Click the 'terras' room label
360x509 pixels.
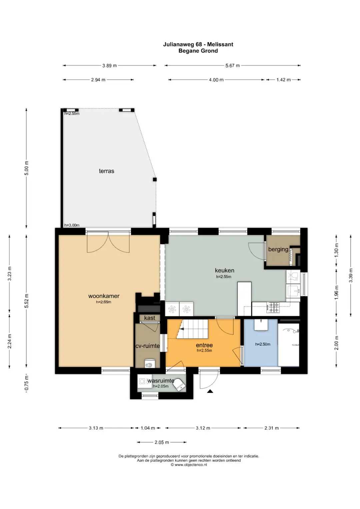pos(106,171)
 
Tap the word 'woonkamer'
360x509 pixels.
pos(104,296)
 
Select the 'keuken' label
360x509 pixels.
pos(224,270)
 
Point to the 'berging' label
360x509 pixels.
pos(278,249)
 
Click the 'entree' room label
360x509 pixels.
pos(204,345)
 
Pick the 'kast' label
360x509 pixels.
pos(150,318)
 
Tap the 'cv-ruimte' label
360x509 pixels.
pos(147,346)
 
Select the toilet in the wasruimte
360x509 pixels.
pos(180,385)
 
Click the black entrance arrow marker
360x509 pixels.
pos(210,391)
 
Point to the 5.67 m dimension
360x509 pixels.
pos(233,65)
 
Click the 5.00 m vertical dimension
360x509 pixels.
pos(26,168)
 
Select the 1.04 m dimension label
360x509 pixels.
pos(148,428)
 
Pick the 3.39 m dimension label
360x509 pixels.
pos(351,275)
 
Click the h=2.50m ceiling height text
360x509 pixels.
pos(263,344)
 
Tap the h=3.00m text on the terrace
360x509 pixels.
pos(72,225)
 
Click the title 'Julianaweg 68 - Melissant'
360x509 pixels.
pos(198,44)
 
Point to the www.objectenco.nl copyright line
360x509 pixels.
pos(189,465)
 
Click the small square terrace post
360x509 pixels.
pos(155,180)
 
